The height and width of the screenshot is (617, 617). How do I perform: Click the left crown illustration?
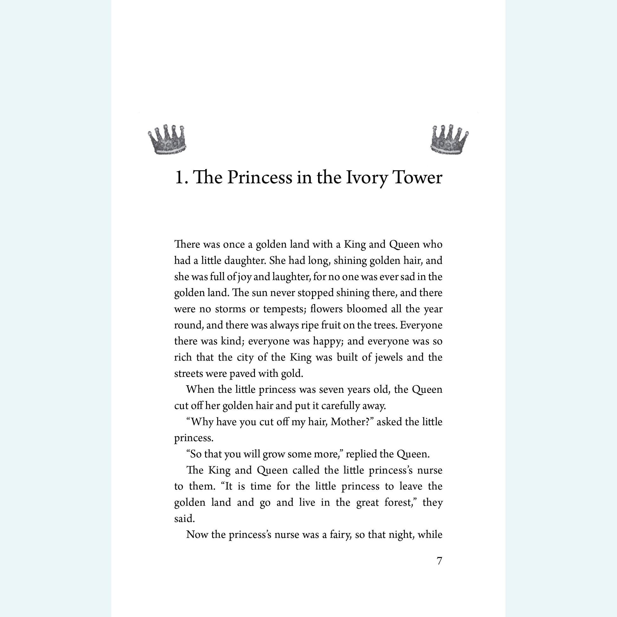coord(167,140)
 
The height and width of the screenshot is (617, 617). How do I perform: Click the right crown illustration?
coord(449,140)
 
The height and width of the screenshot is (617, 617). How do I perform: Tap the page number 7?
coord(439,561)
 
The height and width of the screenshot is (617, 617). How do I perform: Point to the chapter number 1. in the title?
coord(181,177)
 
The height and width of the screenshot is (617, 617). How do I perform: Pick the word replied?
coord(359,454)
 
